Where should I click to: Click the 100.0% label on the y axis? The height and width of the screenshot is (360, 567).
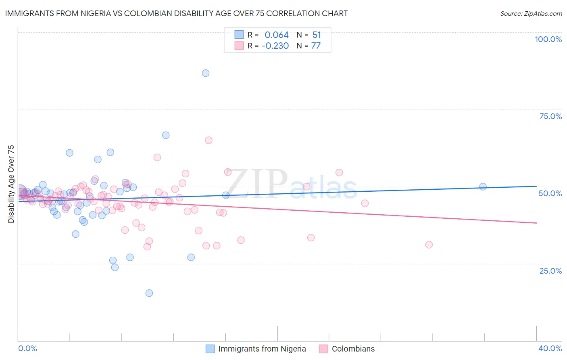pos(548,39)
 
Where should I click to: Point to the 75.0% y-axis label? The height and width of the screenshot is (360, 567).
pos(550,116)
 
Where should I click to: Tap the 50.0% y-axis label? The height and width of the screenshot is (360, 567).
pos(550,193)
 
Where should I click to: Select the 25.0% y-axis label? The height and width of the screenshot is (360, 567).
pos(550,270)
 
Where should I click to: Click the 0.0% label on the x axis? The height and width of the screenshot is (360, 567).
pos(27,348)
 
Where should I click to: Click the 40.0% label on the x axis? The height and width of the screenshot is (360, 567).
pos(550,348)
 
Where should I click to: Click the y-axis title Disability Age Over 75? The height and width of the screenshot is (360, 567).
pos(11,184)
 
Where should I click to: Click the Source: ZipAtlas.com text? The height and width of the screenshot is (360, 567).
pos(531,13)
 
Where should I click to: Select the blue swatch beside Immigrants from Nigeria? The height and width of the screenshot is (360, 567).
pos(210,349)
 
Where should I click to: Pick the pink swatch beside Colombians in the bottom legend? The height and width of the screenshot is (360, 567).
pos(323,349)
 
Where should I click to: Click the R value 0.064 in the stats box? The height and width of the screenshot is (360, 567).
pos(277,35)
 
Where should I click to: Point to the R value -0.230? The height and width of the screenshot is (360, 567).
pos(275,46)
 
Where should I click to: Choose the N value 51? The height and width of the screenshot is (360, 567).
pos(317,35)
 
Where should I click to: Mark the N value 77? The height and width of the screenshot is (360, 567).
pos(316,46)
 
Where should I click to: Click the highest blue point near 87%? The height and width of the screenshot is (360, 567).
pos(206,73)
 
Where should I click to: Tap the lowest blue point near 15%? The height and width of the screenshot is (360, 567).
pos(149,293)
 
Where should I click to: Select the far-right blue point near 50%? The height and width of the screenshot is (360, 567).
pos(483,186)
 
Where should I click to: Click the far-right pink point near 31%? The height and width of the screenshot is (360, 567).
pos(429,245)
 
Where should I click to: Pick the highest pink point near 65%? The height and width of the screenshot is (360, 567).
pos(208,140)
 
